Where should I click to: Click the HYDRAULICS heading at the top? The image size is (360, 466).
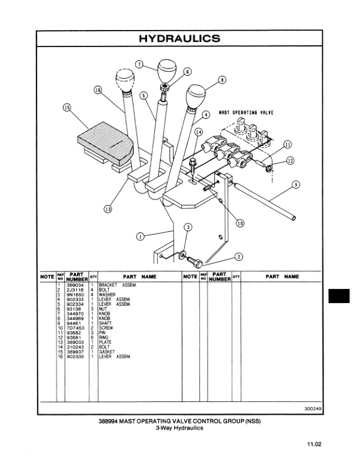179,39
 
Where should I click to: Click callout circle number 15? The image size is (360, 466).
67,108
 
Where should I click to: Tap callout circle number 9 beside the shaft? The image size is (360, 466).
295,184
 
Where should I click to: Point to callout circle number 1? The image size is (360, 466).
140,236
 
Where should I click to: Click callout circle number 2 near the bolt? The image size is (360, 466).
239,256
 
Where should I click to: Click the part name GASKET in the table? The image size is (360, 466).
107,352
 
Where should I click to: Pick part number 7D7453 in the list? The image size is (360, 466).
76,328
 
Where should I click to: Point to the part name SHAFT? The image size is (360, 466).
106,324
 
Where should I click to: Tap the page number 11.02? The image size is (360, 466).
312,445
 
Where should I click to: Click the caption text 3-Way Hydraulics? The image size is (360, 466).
179,428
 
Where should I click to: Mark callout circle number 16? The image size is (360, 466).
98,89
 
